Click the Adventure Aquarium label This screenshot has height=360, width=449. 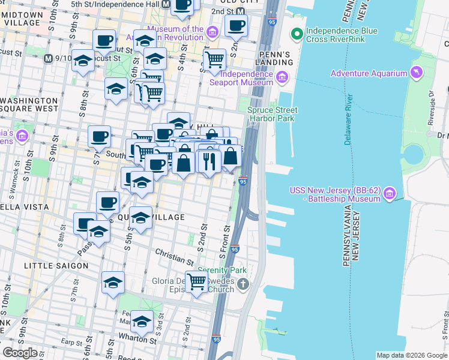(x=371, y=73)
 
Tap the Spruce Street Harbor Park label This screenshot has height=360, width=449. (x=273, y=114)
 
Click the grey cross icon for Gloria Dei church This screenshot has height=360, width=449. (x=242, y=283)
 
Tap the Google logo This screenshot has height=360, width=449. (x=20, y=353)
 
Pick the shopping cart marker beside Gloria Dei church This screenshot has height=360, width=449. (x=196, y=281)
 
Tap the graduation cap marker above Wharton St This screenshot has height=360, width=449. (x=142, y=322)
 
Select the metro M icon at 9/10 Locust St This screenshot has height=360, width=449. (x=49, y=59)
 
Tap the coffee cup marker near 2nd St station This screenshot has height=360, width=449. (x=237, y=25)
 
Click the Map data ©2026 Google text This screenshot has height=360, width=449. (x=411, y=355)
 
